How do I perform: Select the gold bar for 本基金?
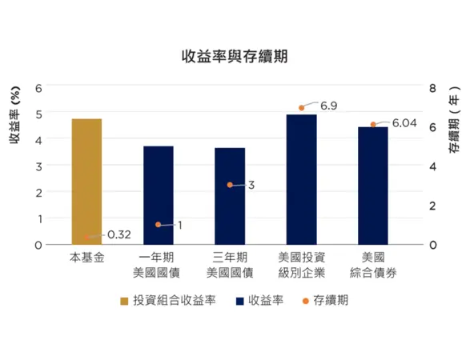(x=86, y=182)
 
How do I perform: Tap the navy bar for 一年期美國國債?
(x=158, y=195)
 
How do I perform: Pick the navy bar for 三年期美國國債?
(x=230, y=196)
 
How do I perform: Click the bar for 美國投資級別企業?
(x=301, y=179)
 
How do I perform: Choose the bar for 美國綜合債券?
(x=372, y=186)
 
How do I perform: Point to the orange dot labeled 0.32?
(x=86, y=238)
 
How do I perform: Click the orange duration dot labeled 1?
(x=158, y=225)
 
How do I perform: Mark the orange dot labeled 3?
(x=230, y=185)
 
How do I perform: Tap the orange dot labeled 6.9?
(x=301, y=108)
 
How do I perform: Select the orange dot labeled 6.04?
(x=372, y=125)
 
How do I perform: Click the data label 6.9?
(x=328, y=106)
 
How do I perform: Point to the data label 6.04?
(x=404, y=122)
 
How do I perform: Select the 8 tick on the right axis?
(x=432, y=86)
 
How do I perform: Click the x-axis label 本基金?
(x=86, y=258)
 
